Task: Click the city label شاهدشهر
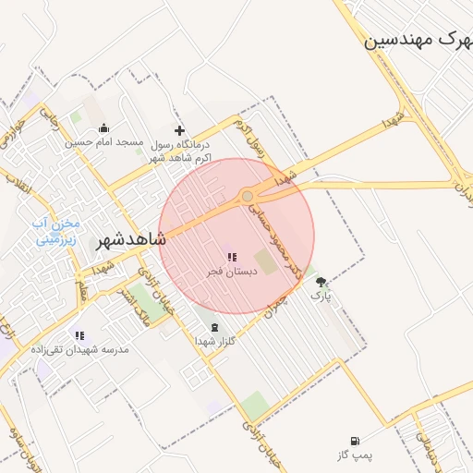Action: pyautogui.click(x=130, y=240)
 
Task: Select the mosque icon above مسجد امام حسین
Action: pyautogui.click(x=103, y=128)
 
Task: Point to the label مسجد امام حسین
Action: pyautogui.click(x=104, y=142)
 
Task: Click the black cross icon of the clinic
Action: pyautogui.click(x=179, y=130)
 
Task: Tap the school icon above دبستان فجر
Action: pyautogui.click(x=230, y=257)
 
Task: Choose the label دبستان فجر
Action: pyautogui.click(x=226, y=272)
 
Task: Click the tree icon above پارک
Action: pyautogui.click(x=321, y=282)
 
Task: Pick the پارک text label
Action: pyautogui.click(x=320, y=297)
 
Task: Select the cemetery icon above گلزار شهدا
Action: pyautogui.click(x=215, y=327)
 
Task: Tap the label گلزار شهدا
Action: pyautogui.click(x=215, y=341)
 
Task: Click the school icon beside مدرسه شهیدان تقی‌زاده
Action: pyautogui.click(x=79, y=335)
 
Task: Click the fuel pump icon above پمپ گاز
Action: pyautogui.click(x=355, y=441)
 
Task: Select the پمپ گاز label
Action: pyautogui.click(x=354, y=455)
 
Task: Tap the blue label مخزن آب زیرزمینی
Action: pyautogui.click(x=57, y=231)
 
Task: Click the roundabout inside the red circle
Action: pyautogui.click(x=248, y=196)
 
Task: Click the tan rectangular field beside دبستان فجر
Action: pyautogui.click(x=266, y=261)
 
